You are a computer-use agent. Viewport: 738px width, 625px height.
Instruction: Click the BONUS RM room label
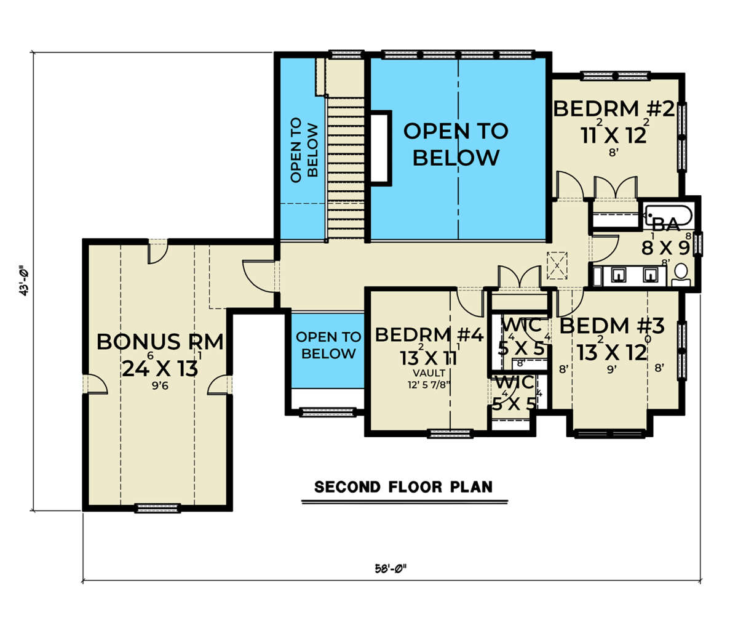(160, 342)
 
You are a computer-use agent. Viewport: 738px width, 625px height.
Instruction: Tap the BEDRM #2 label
(614, 109)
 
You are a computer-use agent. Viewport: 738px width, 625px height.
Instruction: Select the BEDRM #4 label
(429, 335)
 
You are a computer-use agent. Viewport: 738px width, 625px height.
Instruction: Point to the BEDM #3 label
(612, 326)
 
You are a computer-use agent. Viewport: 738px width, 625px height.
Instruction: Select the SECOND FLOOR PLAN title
(403, 486)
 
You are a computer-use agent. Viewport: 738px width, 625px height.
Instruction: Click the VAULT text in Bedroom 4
(429, 373)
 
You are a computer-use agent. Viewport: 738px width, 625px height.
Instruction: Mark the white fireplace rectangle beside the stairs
(379, 148)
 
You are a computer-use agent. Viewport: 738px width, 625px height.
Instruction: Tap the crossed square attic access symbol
(557, 265)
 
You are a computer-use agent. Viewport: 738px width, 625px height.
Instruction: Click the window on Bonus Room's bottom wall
(157, 508)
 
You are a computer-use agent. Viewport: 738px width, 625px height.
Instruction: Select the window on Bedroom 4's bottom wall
(451, 434)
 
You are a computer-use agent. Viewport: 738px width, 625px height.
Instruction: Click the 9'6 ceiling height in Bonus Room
(160, 386)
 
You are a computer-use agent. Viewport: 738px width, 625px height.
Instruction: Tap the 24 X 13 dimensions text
(160, 369)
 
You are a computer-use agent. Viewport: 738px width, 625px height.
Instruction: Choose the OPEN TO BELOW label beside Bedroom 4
(328, 345)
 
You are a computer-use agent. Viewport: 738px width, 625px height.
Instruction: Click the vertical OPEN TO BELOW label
(304, 150)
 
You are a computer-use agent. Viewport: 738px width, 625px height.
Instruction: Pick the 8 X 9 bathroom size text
(665, 248)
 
